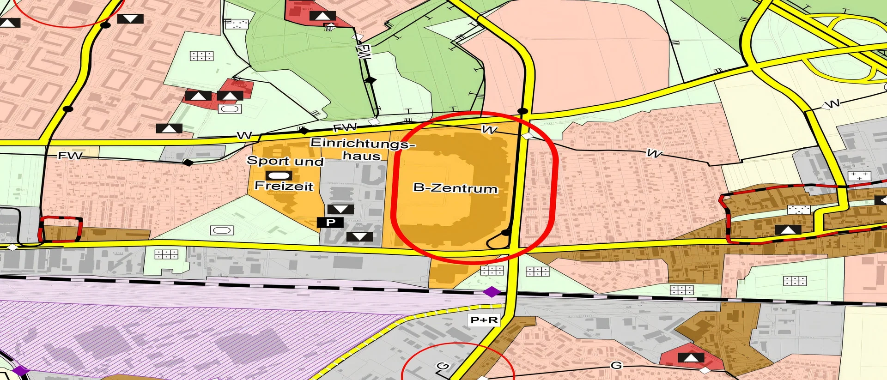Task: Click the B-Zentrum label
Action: [x=455, y=188]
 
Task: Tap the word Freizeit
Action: [x=284, y=186]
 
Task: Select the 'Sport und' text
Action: [x=285, y=161]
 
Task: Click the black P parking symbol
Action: [x=330, y=222]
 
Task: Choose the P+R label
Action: [x=484, y=320]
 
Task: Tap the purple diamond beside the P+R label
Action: [x=492, y=292]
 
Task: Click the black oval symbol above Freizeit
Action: [x=279, y=175]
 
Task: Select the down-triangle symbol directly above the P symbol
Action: [x=340, y=209]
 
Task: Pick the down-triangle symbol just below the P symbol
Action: [x=359, y=237]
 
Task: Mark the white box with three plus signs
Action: [x=859, y=176]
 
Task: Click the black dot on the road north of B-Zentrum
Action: [x=522, y=111]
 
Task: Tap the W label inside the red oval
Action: [x=489, y=130]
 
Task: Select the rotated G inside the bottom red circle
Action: [x=443, y=366]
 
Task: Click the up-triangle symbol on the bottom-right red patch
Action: [x=691, y=357]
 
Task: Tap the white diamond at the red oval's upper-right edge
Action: [x=527, y=136]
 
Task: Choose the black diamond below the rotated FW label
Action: [x=370, y=80]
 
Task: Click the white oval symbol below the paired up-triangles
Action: [x=230, y=109]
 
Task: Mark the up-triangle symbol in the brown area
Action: [x=788, y=229]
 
